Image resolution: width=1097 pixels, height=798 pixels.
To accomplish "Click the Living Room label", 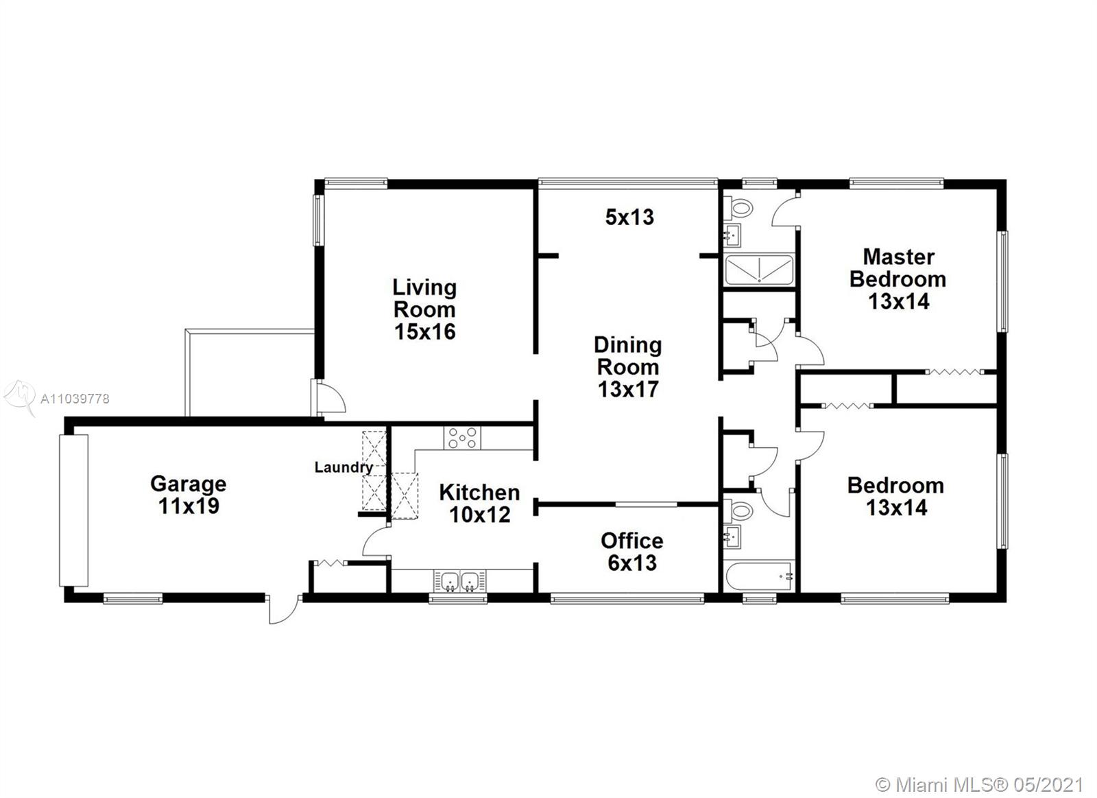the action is click(x=424, y=309).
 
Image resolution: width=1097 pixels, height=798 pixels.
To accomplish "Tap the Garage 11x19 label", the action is click(x=189, y=495).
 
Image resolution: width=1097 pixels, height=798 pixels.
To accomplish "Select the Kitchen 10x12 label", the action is click(x=479, y=504).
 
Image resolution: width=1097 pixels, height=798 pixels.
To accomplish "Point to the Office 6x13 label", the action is click(x=632, y=552).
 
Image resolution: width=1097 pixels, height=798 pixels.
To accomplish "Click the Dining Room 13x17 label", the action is click(x=628, y=366).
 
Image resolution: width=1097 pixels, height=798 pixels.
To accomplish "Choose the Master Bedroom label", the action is click(x=897, y=279).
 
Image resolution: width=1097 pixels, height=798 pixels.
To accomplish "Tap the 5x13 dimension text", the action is click(x=629, y=217).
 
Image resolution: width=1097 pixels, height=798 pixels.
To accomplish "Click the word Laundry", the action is click(x=343, y=468).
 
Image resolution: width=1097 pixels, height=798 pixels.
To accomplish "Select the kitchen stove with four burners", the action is click(x=462, y=438).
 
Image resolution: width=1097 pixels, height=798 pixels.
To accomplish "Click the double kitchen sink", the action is click(x=460, y=581).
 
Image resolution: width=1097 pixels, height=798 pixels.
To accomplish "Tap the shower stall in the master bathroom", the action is click(x=758, y=270).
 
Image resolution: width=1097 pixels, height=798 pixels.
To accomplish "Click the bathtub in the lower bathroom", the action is click(x=758, y=577).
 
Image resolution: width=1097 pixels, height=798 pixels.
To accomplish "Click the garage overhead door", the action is click(x=73, y=511).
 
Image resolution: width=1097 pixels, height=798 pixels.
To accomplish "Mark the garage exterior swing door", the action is click(x=284, y=609).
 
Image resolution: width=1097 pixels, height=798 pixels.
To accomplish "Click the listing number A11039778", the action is click(x=75, y=399).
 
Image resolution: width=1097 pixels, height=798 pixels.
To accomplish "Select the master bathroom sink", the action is click(x=732, y=236).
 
